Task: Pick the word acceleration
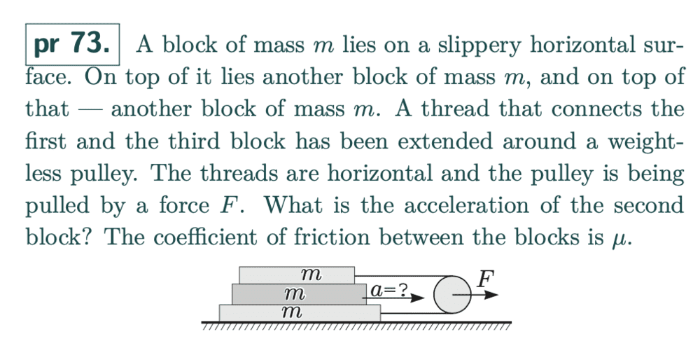coord(465,205)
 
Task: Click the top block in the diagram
coord(297,275)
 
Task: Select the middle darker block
coord(299,294)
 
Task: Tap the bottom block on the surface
coord(300,312)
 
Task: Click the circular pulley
coord(452,295)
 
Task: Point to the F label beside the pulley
coord(486,279)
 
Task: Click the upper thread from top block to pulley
coord(404,276)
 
